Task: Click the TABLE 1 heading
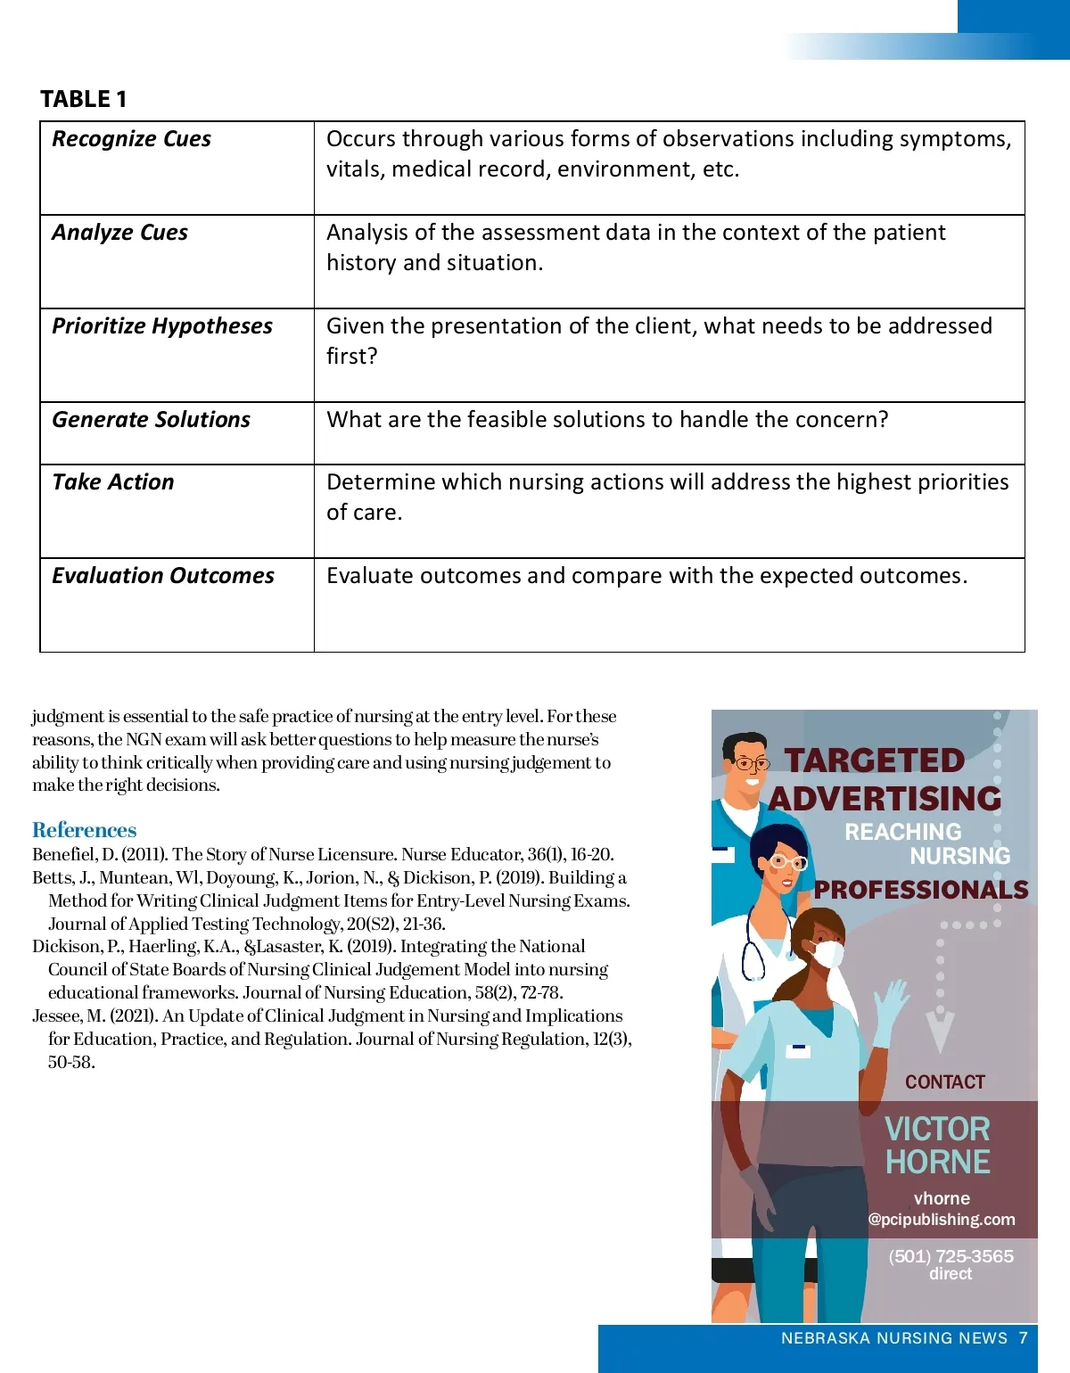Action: click(84, 99)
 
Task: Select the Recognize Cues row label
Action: click(131, 139)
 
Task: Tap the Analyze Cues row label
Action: click(119, 233)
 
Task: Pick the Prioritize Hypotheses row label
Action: click(161, 326)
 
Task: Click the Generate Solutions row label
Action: click(151, 420)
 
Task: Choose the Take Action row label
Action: click(112, 482)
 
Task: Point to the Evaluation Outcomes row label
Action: click(162, 576)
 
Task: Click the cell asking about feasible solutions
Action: click(606, 420)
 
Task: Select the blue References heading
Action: click(84, 830)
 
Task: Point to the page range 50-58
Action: click(71, 1062)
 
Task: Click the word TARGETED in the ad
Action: click(874, 760)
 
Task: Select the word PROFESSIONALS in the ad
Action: click(920, 890)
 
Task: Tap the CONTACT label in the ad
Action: click(944, 1082)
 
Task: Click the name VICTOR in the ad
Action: click(936, 1129)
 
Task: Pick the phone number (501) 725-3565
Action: click(951, 1256)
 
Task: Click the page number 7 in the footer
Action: click(1024, 1337)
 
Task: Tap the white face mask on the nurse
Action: click(827, 954)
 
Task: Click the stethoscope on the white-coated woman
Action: click(754, 954)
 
